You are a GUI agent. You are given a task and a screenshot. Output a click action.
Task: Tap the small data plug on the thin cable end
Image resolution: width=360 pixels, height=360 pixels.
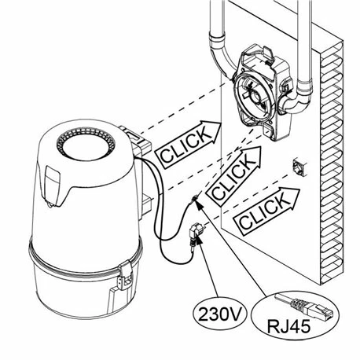tap(197, 202)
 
